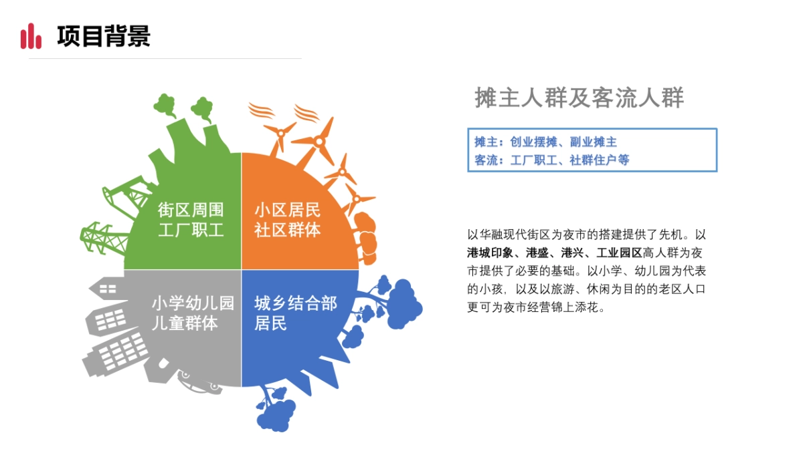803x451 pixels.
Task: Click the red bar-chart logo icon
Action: pyautogui.click(x=31, y=36)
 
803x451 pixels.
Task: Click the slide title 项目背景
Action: pyautogui.click(x=104, y=36)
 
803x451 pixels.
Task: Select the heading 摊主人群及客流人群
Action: pyautogui.click(x=579, y=98)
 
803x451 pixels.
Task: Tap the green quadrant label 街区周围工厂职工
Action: pyautogui.click(x=191, y=220)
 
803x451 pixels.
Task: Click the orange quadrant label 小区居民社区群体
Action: pyautogui.click(x=287, y=220)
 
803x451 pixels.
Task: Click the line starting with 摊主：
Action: pyautogui.click(x=545, y=142)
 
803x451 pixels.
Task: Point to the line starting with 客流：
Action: pyautogui.click(x=551, y=160)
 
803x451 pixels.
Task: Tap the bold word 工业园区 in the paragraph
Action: pyautogui.click(x=619, y=253)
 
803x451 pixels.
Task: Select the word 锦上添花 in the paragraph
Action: pyautogui.click(x=581, y=309)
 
